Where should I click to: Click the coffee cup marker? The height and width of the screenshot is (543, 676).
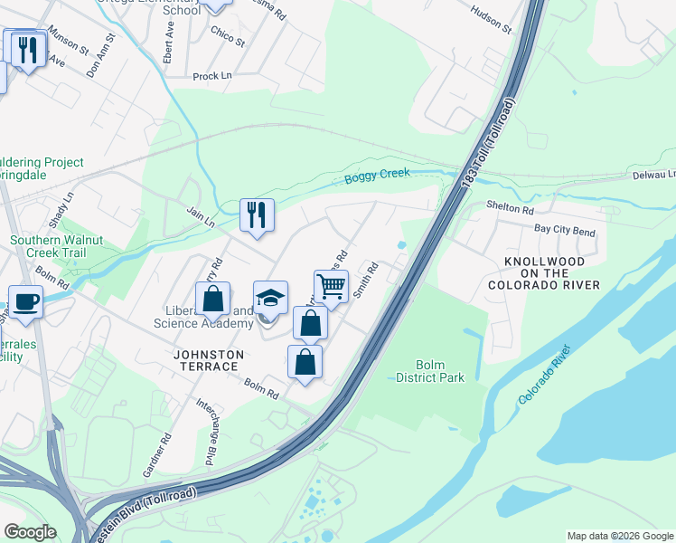point(25,302)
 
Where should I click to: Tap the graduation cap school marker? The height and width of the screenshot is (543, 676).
point(270,298)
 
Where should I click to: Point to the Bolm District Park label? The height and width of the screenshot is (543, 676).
point(430,371)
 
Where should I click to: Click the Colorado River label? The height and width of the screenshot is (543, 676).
point(545,375)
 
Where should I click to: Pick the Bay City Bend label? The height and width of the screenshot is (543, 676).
point(565,231)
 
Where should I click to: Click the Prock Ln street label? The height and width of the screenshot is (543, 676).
point(212,77)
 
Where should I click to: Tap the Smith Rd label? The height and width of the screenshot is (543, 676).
point(364,281)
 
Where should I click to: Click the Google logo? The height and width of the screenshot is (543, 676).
point(30,532)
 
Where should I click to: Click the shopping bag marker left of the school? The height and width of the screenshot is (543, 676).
point(212,300)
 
